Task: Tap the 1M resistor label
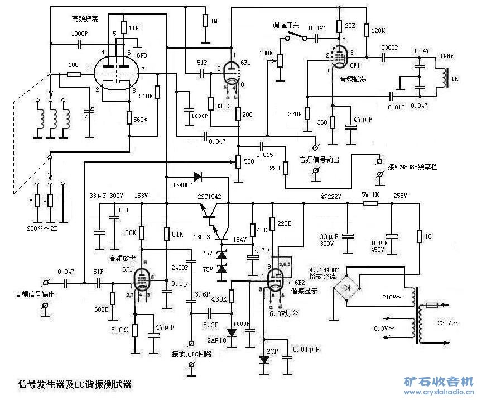(213, 21)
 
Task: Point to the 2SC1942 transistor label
(210, 197)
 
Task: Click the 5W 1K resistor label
(370, 195)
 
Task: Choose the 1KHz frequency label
(446, 56)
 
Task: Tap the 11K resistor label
(134, 27)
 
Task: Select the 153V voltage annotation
(142, 196)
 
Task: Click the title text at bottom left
(75, 384)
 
